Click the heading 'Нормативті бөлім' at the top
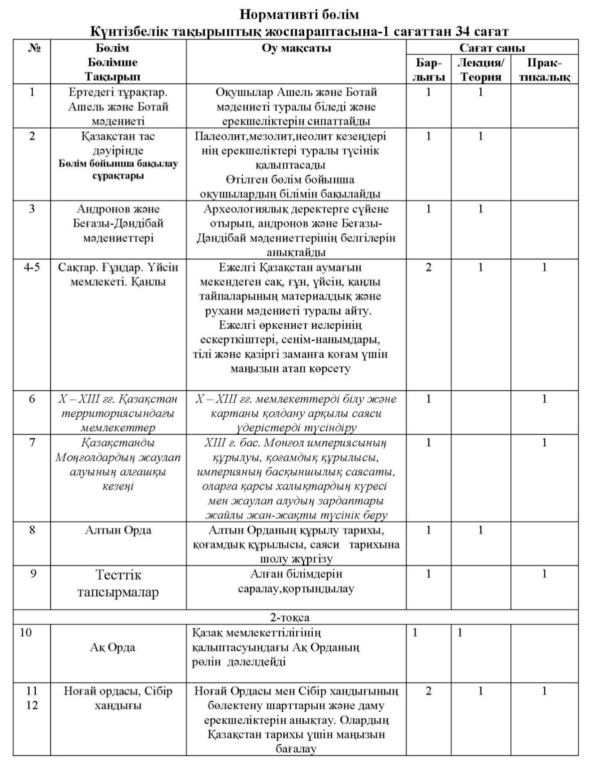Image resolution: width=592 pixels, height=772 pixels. click(299, 15)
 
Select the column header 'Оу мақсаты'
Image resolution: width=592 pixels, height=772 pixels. click(296, 48)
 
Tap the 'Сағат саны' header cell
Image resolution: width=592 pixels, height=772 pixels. click(492, 47)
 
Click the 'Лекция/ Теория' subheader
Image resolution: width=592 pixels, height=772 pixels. click(480, 69)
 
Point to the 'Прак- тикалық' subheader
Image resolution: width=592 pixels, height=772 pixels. click(544, 69)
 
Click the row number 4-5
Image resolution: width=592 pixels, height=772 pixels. click(32, 267)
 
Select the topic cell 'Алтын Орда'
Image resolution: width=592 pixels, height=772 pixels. click(118, 530)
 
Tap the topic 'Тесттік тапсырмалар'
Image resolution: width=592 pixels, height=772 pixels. click(118, 583)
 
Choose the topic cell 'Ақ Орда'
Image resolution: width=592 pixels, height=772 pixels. click(112, 647)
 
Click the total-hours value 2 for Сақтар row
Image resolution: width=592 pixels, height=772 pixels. click(428, 267)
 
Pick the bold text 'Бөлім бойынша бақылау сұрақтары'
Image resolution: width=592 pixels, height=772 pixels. click(118, 170)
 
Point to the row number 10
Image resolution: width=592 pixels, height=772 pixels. click(26, 632)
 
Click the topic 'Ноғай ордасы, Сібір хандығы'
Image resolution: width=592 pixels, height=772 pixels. click(118, 698)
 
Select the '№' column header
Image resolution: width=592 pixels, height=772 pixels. click(32, 48)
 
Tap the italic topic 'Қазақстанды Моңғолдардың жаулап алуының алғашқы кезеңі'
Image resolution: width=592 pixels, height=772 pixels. click(118, 464)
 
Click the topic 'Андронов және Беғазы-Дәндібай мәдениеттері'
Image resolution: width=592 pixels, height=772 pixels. click(118, 223)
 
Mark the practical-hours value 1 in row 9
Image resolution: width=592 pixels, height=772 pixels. click(544, 574)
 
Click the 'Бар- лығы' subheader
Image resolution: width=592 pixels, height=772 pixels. click(428, 69)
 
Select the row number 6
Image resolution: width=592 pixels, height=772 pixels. click(32, 399)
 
